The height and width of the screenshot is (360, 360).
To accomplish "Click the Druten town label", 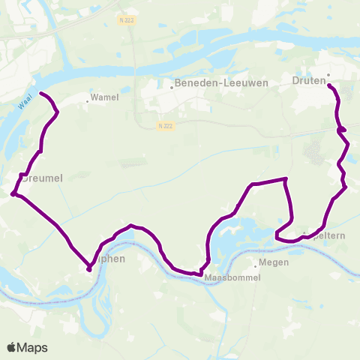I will point(308,79).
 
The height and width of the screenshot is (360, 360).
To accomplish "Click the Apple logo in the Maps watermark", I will point(12,347).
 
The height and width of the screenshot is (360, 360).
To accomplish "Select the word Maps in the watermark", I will point(33,347).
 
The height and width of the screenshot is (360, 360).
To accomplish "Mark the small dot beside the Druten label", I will point(328,74).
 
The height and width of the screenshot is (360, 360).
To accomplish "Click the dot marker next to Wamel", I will point(87,101).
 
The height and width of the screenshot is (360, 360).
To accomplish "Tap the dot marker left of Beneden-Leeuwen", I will point(172,87).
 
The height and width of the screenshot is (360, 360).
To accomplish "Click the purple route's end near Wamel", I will point(40,94).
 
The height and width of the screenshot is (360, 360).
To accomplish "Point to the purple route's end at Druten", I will point(330,85).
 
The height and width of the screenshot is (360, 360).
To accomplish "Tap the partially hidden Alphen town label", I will point(109,259).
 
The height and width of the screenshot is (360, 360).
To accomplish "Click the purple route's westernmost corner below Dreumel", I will point(13,194).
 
